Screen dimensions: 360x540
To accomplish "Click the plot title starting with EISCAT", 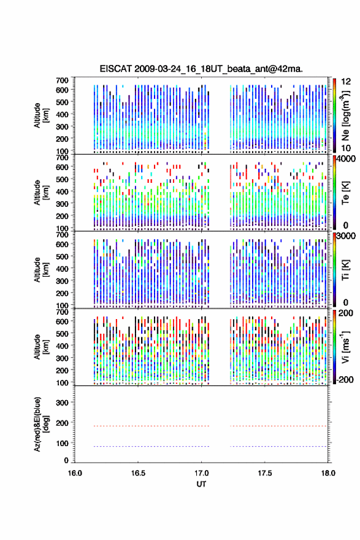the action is pyautogui.click(x=201, y=69).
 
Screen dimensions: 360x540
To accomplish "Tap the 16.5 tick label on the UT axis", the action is pyautogui.click(x=138, y=473).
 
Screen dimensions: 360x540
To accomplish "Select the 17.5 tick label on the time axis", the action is pyautogui.click(x=265, y=473).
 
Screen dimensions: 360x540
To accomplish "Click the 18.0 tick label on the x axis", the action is pyautogui.click(x=328, y=473).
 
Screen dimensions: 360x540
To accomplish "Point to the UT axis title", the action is pyautogui.click(x=201, y=484).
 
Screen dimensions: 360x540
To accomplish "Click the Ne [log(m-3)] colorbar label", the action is pyautogui.click(x=345, y=115).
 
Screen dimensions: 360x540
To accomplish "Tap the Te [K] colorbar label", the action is pyautogui.click(x=345, y=193).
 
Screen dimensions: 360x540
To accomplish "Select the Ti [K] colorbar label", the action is pyautogui.click(x=345, y=270).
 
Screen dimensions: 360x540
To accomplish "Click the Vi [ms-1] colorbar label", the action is pyautogui.click(x=345, y=347).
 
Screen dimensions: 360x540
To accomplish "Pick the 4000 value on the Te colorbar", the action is pyautogui.click(x=346, y=159).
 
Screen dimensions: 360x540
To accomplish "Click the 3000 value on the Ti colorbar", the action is pyautogui.click(x=346, y=236).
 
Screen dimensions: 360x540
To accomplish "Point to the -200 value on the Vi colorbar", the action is pyautogui.click(x=344, y=379).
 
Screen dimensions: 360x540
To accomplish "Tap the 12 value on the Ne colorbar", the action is pyautogui.click(x=346, y=82).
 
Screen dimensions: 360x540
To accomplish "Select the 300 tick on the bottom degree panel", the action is pyautogui.click(x=63, y=403).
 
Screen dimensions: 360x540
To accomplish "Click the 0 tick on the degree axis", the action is pyautogui.click(x=66, y=460).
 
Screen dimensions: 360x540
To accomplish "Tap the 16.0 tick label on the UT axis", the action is pyautogui.click(x=75, y=473).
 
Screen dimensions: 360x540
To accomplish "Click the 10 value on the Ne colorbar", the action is pyautogui.click(x=346, y=148).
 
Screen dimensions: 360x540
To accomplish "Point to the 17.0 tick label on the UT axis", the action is pyautogui.click(x=201, y=473).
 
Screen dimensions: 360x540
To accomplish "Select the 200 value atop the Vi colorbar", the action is pyautogui.click(x=346, y=313).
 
